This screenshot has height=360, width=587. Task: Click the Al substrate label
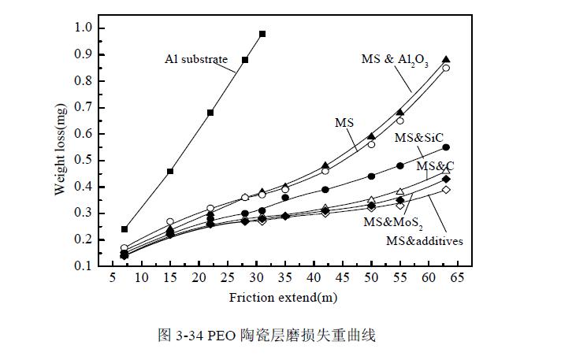tap(196, 59)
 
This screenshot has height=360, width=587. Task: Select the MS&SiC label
tap(418, 138)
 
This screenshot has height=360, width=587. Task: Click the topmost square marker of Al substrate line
tap(262, 34)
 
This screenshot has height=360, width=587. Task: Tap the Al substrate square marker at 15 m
tap(170, 171)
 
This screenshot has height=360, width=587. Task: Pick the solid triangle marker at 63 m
tap(446, 60)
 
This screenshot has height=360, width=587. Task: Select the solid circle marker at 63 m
tap(446, 147)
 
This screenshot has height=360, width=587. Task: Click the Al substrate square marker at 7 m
tap(124, 229)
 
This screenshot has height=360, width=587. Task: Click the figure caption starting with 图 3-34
tap(267, 336)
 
